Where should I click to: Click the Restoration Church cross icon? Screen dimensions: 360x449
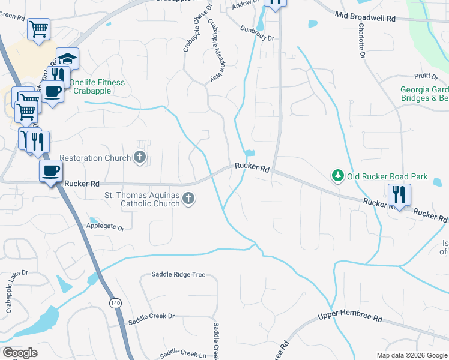tap(140, 158)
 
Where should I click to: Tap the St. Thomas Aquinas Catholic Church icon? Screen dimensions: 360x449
tap(188, 199)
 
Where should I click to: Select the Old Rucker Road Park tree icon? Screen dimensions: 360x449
tap(338, 176)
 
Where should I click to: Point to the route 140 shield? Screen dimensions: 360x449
tap(114, 304)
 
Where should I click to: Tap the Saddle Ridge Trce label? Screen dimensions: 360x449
tap(178, 275)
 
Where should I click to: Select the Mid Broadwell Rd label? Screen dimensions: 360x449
tap(365, 18)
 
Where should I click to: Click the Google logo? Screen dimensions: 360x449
tap(20, 353)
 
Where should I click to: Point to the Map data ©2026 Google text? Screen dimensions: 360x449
tap(411, 355)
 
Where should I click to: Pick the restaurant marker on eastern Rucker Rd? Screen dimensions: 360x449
tap(399, 194)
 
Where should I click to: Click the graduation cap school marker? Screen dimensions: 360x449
tap(67, 59)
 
